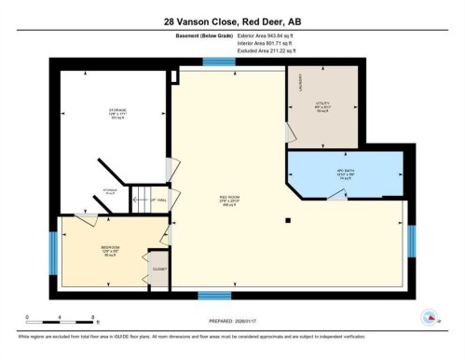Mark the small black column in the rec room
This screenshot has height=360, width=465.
pos(289,221)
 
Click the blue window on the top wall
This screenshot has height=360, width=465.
pos(218,62)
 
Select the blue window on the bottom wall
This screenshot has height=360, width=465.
pos(214,296)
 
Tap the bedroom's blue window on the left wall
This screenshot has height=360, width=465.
pos(53,253)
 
